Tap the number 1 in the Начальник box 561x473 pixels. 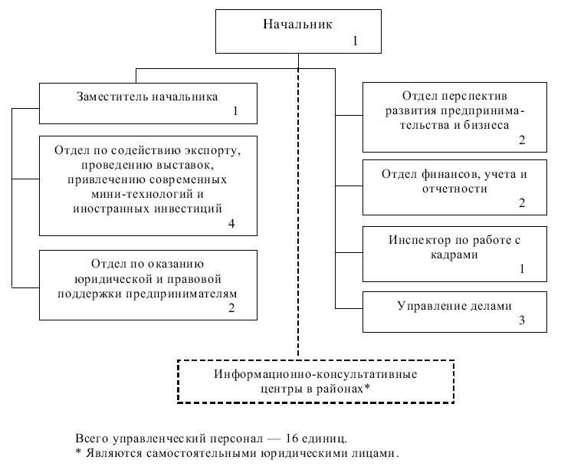point(356,40)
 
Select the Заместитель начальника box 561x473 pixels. point(148,103)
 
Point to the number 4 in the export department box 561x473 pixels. point(230,224)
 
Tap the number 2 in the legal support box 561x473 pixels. point(230,309)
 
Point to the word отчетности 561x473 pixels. point(455,188)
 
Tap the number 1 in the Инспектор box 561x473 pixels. point(522,270)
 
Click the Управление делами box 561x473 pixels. point(455,310)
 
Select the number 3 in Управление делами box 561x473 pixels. point(522,320)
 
